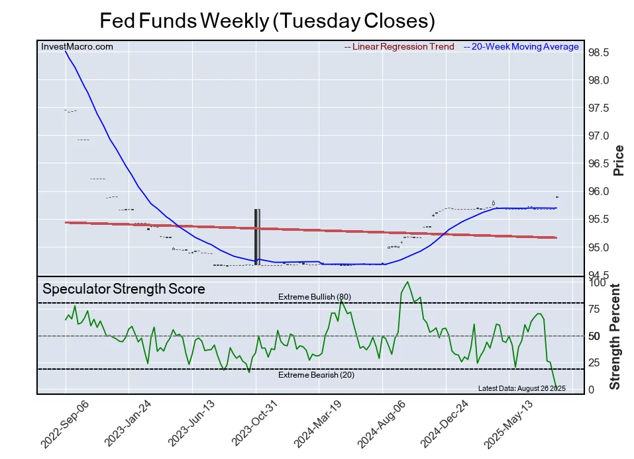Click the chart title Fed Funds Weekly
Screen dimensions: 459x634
tap(267, 21)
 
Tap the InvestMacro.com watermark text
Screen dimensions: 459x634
tap(77, 47)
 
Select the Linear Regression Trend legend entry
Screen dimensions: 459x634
tap(399, 47)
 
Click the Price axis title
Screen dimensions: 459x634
tap(619, 160)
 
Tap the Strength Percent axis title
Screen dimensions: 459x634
tap(615, 336)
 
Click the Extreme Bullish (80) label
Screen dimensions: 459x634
tap(314, 297)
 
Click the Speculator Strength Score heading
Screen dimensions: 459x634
tap(124, 289)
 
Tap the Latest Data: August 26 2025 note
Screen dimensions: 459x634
tap(521, 388)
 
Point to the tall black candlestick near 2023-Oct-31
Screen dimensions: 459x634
tap(257, 236)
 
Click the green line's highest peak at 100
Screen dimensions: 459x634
tap(407, 282)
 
